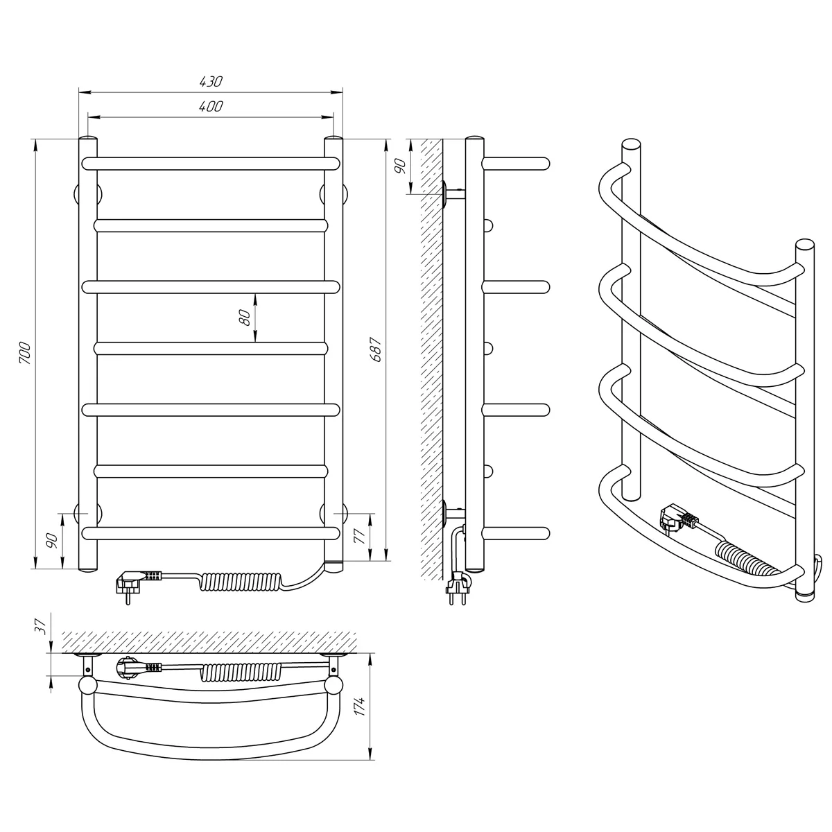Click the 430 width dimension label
pyautogui.click(x=211, y=82)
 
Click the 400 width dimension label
pyautogui.click(x=211, y=106)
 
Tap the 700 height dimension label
pyautogui.click(x=26, y=353)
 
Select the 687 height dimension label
pyautogui.click(x=376, y=349)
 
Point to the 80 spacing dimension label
pyautogui.click(x=244, y=318)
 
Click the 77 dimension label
pyautogui.click(x=359, y=535)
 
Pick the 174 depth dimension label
pyautogui.click(x=360, y=706)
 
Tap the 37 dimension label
pyautogui.click(x=40, y=626)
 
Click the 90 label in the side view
pyautogui.click(x=401, y=166)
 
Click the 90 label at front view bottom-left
pyautogui.click(x=52, y=541)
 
